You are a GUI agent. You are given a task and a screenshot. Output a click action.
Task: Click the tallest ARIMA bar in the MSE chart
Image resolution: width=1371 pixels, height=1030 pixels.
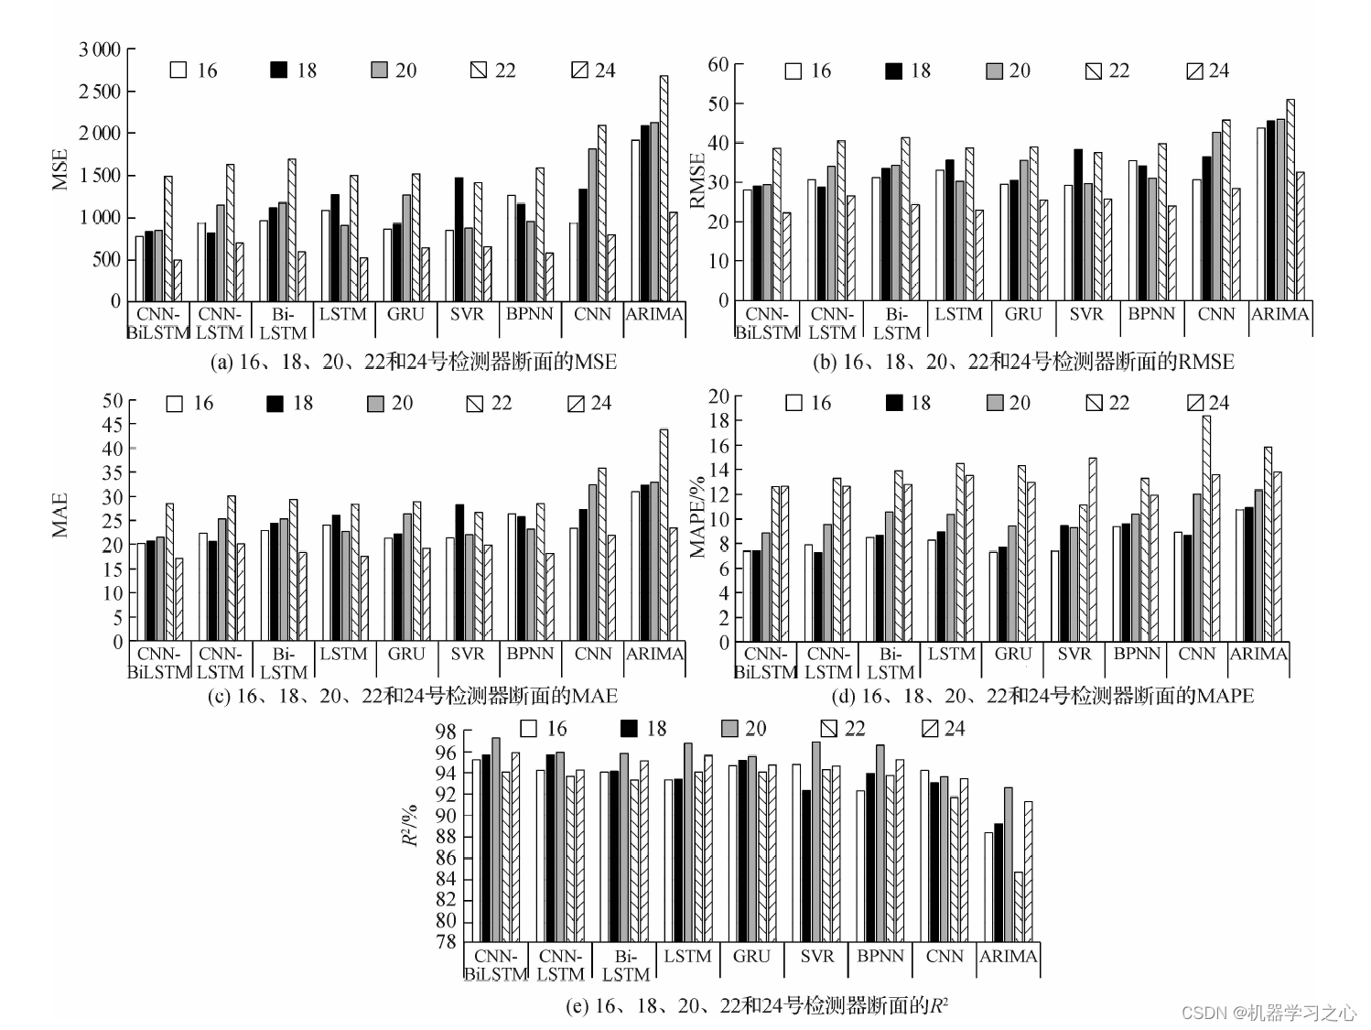click(664, 188)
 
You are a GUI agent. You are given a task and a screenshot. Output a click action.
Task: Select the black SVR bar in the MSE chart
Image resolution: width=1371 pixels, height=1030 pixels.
click(459, 239)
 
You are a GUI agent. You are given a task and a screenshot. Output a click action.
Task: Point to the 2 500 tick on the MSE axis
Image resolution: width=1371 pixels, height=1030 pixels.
click(100, 92)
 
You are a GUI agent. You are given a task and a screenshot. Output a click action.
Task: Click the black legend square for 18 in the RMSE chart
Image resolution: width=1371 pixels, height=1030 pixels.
click(894, 71)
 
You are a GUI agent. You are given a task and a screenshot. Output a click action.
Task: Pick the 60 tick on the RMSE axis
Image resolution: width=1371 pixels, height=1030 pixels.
click(718, 65)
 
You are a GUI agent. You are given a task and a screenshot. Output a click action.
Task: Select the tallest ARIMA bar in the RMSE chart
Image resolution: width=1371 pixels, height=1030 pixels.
click(1290, 200)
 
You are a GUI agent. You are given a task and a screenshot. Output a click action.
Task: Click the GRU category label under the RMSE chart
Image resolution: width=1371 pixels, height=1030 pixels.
click(1022, 314)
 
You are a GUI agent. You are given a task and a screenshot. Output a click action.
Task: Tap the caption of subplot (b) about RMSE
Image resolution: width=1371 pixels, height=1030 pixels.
click(1023, 363)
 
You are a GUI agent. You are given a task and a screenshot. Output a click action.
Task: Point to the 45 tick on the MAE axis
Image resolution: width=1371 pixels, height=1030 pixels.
click(112, 425)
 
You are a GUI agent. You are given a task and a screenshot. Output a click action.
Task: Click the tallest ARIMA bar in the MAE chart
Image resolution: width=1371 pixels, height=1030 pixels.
click(664, 535)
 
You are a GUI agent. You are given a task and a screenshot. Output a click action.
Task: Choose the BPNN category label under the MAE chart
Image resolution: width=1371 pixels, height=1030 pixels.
click(530, 654)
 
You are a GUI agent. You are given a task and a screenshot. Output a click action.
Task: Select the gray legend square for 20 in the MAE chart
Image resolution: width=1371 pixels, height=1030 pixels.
click(375, 404)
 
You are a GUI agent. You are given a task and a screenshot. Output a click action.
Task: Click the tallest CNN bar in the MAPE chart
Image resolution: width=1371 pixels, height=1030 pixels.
click(1206, 528)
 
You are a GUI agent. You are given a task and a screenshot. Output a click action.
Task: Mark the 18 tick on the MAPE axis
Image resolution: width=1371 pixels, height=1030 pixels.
click(719, 420)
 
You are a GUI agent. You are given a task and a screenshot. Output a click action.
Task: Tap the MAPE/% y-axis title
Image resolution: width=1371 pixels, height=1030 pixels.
click(698, 517)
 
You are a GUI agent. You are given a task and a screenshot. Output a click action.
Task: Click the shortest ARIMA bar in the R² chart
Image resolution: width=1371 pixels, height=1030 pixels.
click(1019, 906)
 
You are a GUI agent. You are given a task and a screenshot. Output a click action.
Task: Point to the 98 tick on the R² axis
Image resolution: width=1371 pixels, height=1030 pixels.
click(446, 732)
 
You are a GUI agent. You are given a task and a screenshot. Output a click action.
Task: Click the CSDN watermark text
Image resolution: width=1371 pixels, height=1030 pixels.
click(1268, 1012)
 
